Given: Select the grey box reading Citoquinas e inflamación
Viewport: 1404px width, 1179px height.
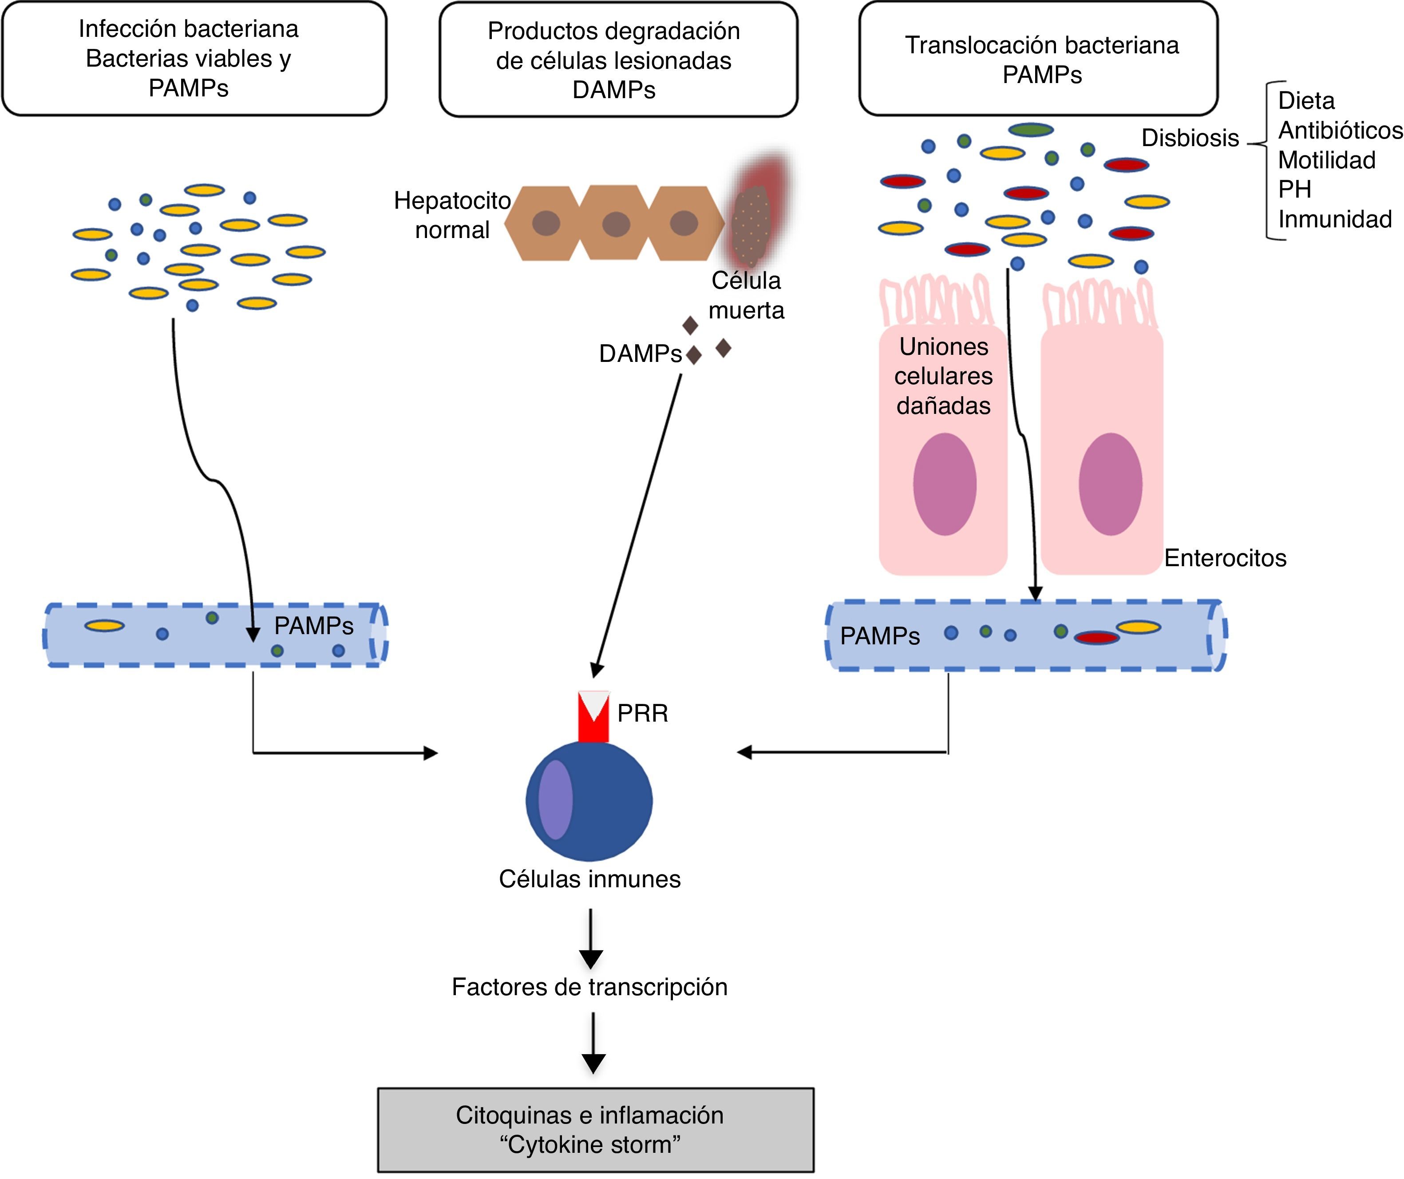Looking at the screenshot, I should click(596, 1130).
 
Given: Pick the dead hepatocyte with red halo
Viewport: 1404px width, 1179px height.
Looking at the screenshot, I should click(751, 224).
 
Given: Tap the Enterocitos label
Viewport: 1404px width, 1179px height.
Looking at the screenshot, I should click(1225, 558).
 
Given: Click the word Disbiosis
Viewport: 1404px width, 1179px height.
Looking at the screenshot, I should click(1190, 138).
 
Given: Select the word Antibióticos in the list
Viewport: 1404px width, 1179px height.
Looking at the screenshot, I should click(1340, 131).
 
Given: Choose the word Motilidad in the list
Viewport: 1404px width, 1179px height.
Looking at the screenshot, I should click(1326, 160).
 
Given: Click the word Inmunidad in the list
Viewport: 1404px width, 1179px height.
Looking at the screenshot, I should click(1334, 218).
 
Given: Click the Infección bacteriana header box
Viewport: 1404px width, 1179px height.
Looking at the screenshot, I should click(194, 58).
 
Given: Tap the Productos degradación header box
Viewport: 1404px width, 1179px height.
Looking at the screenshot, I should click(618, 60).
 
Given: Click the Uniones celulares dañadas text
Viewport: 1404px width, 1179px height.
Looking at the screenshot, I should click(943, 376).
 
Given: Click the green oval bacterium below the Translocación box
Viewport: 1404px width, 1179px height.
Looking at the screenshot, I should click(1031, 130).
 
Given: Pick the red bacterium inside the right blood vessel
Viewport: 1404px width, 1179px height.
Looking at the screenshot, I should click(1096, 638).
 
